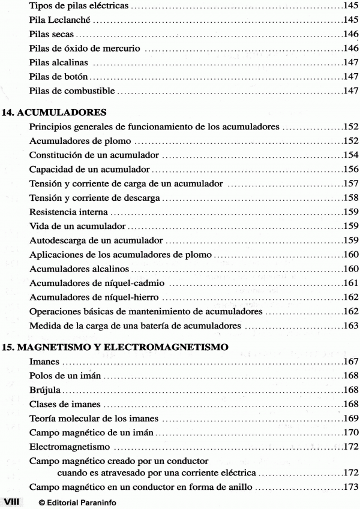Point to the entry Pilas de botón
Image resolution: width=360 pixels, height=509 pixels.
(x=59, y=77)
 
